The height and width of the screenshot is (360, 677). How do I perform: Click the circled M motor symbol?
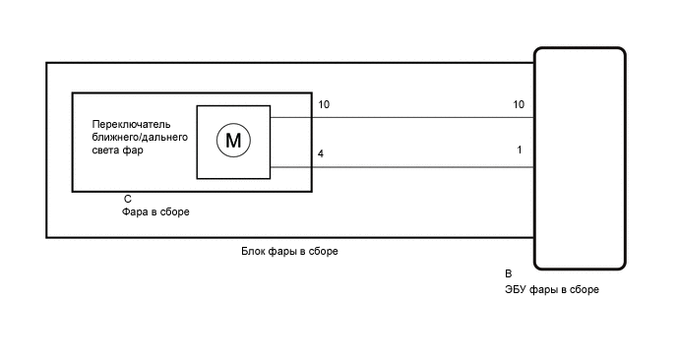tap(233, 141)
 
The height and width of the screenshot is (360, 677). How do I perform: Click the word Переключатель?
tap(131, 124)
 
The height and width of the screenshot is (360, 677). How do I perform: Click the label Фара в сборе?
tap(155, 211)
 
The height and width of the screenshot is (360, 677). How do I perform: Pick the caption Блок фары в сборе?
tap(289, 252)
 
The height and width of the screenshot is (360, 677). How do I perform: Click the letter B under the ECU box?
tap(508, 273)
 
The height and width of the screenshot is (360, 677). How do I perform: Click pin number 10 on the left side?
tap(325, 104)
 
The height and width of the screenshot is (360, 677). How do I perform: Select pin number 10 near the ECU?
tap(519, 104)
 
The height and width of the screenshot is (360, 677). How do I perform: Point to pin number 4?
tap(321, 154)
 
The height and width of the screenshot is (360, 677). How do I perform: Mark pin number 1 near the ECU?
tap(519, 150)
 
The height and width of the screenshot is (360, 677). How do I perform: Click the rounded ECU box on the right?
tap(579, 157)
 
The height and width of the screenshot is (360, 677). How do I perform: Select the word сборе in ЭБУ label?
tap(583, 290)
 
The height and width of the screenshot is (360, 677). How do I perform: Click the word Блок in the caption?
tap(253, 252)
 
